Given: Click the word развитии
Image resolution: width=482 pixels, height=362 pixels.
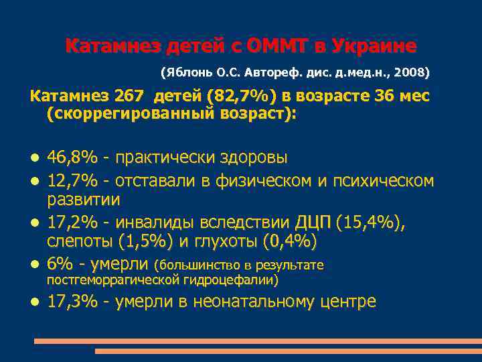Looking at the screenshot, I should (x=84, y=199).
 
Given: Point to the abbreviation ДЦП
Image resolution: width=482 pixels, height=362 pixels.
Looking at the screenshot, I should (x=312, y=222).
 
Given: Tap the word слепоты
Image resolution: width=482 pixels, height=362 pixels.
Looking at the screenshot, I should (x=80, y=240).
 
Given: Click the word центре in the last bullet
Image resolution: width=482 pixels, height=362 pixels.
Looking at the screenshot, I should (x=347, y=302).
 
